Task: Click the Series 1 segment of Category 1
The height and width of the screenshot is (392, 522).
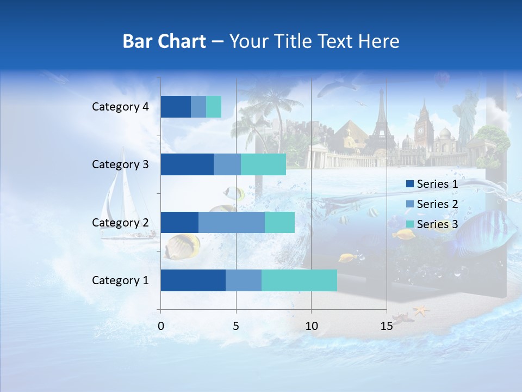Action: pyautogui.click(x=192, y=280)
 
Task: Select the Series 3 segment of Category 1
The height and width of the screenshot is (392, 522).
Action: pyautogui.click(x=299, y=280)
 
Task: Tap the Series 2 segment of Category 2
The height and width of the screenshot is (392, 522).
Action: pyautogui.click(x=231, y=222)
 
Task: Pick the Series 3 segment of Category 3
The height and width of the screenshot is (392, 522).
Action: pyautogui.click(x=263, y=164)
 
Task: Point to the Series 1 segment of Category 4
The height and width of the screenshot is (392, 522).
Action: pyautogui.click(x=175, y=106)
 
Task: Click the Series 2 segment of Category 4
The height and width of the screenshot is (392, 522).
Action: pyautogui.click(x=198, y=106)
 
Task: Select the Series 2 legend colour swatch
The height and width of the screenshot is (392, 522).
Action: pyautogui.click(x=409, y=204)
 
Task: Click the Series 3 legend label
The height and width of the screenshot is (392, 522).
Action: pyautogui.click(x=437, y=224)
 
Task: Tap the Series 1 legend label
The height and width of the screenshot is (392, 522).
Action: pyautogui.click(x=437, y=184)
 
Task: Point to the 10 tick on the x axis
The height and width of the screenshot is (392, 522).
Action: pyautogui.click(x=311, y=326)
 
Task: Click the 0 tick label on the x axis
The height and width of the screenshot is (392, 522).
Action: pyautogui.click(x=161, y=326)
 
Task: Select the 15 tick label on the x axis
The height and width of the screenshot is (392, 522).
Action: pyautogui.click(x=386, y=326)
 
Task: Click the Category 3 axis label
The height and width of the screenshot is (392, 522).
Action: pyautogui.click(x=120, y=164)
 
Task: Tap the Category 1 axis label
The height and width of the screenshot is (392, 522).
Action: pyautogui.click(x=120, y=280)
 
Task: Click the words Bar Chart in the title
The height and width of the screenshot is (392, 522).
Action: pyautogui.click(x=164, y=41)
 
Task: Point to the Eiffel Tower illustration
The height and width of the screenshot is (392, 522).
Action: pyautogui.click(x=380, y=122)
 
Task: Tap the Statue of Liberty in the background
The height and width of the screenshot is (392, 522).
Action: pyautogui.click(x=465, y=117)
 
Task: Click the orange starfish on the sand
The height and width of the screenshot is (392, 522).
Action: pyautogui.click(x=421, y=311)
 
